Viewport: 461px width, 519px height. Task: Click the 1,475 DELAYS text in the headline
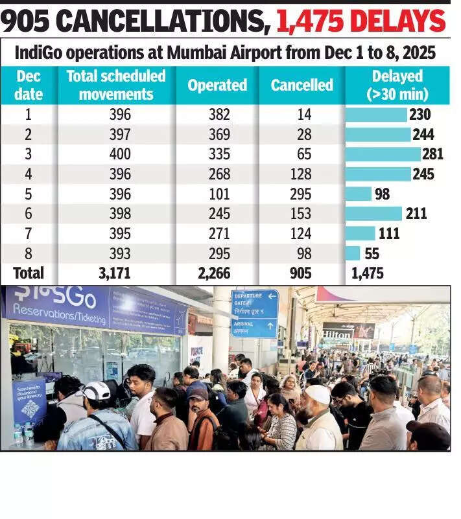pos(361,22)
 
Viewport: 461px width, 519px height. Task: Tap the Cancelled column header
pos(301,85)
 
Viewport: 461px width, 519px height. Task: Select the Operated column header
pos(217,85)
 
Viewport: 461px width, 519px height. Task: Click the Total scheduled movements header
pos(116,85)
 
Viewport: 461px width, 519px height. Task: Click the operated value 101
pos(217,194)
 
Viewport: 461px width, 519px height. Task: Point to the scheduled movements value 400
pos(120,154)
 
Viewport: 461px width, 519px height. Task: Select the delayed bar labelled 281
pos(383,154)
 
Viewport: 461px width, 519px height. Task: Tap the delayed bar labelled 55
pos(353,253)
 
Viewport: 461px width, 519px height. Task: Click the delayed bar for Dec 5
pos(359,194)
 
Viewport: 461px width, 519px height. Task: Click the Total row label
pos(29,273)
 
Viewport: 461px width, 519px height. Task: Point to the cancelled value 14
pos(301,115)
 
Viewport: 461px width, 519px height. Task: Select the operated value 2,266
pos(214,273)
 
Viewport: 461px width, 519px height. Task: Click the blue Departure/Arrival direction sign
pos(254,313)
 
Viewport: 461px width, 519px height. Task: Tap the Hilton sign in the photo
pos(337,335)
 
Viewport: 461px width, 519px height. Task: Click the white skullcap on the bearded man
pos(318,393)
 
